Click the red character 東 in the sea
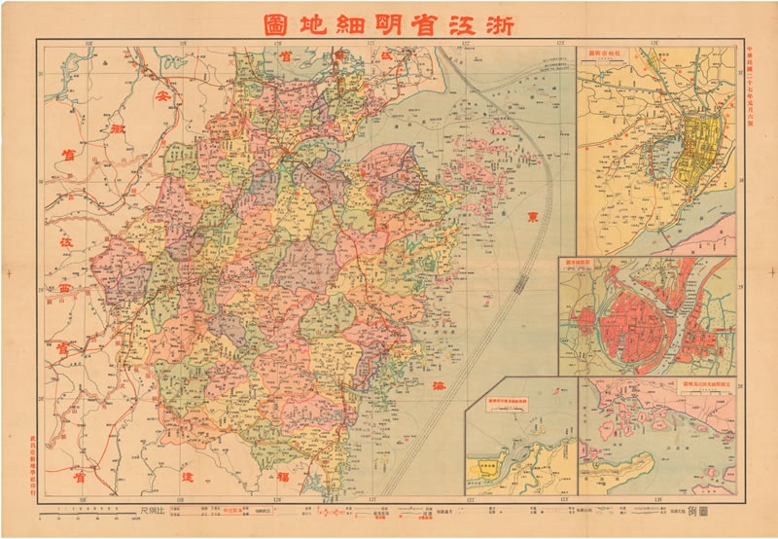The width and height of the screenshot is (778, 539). click(x=531, y=217)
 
